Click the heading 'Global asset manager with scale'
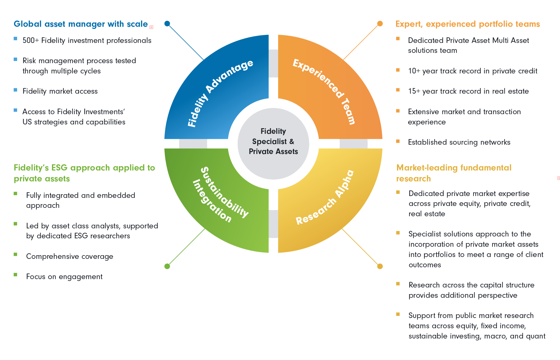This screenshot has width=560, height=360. click(x=81, y=24)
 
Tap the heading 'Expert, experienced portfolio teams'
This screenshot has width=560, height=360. click(x=467, y=24)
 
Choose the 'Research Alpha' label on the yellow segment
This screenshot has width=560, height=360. click(x=325, y=197)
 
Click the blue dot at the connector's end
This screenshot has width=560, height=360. click(x=167, y=24)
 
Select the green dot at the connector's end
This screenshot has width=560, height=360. click(x=167, y=266)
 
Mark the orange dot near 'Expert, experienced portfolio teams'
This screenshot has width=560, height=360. click(x=380, y=24)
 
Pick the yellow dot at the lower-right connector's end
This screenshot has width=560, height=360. click(x=380, y=266)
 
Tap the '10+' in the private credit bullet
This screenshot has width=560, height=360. click(x=414, y=71)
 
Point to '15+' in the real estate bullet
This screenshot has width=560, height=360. click(x=414, y=91)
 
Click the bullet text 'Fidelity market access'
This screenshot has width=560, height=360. click(x=60, y=91)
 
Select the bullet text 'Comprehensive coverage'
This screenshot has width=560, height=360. click(x=70, y=256)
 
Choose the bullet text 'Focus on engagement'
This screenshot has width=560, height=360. click(x=64, y=277)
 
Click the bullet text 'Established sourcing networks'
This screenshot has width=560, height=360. click(x=459, y=142)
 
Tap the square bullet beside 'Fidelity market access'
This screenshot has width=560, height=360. click(x=16, y=90)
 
